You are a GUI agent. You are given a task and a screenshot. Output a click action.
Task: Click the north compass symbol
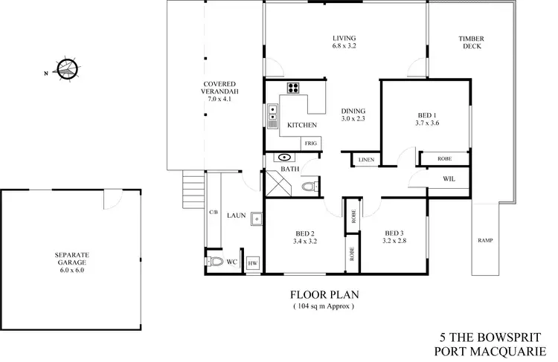(66, 69)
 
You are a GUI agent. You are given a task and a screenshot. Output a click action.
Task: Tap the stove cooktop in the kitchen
(292, 88)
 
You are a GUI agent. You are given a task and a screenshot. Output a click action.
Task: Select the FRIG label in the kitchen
(309, 143)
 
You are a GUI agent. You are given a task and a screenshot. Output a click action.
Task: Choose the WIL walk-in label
(449, 179)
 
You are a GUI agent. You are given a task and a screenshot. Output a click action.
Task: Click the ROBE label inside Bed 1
(444, 158)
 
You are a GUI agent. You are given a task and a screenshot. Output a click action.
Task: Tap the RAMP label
(487, 241)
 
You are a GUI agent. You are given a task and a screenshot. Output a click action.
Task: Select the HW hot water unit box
(252, 263)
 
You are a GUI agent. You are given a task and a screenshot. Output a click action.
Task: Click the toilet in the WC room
(216, 262)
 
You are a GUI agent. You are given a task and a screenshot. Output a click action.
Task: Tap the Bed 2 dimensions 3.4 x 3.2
(305, 242)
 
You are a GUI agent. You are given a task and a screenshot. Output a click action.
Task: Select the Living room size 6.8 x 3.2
(344, 46)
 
